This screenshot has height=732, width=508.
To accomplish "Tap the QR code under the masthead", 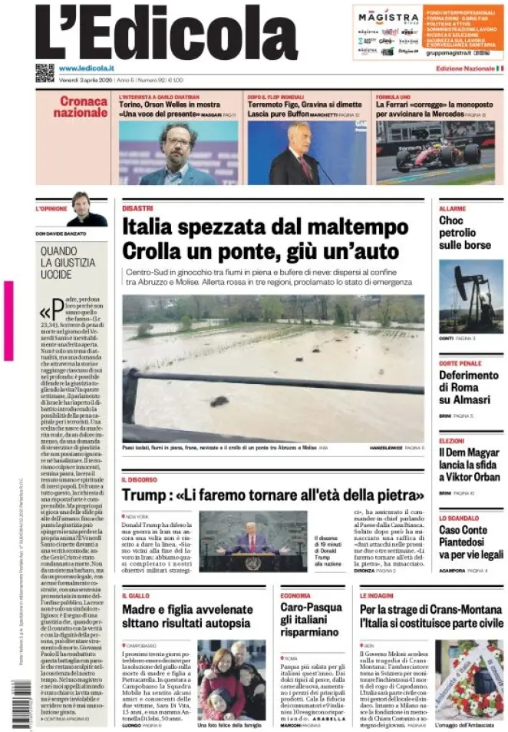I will click(x=45, y=73).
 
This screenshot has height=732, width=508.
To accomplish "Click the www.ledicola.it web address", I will click(x=86, y=68).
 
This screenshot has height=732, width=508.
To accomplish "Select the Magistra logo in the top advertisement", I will click(x=388, y=18).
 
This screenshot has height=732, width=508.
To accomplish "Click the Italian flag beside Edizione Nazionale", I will click(x=500, y=69).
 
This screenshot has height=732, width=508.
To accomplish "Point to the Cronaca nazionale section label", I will click(x=81, y=107).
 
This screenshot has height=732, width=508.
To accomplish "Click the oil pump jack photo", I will click(x=470, y=296).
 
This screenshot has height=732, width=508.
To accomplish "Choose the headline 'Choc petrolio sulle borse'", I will click(x=464, y=233).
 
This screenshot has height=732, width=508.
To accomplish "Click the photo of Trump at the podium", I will click(x=252, y=542).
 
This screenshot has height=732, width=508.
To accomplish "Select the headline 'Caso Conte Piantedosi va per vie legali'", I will click(x=470, y=542).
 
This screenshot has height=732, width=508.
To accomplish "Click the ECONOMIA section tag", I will click(x=295, y=595).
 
